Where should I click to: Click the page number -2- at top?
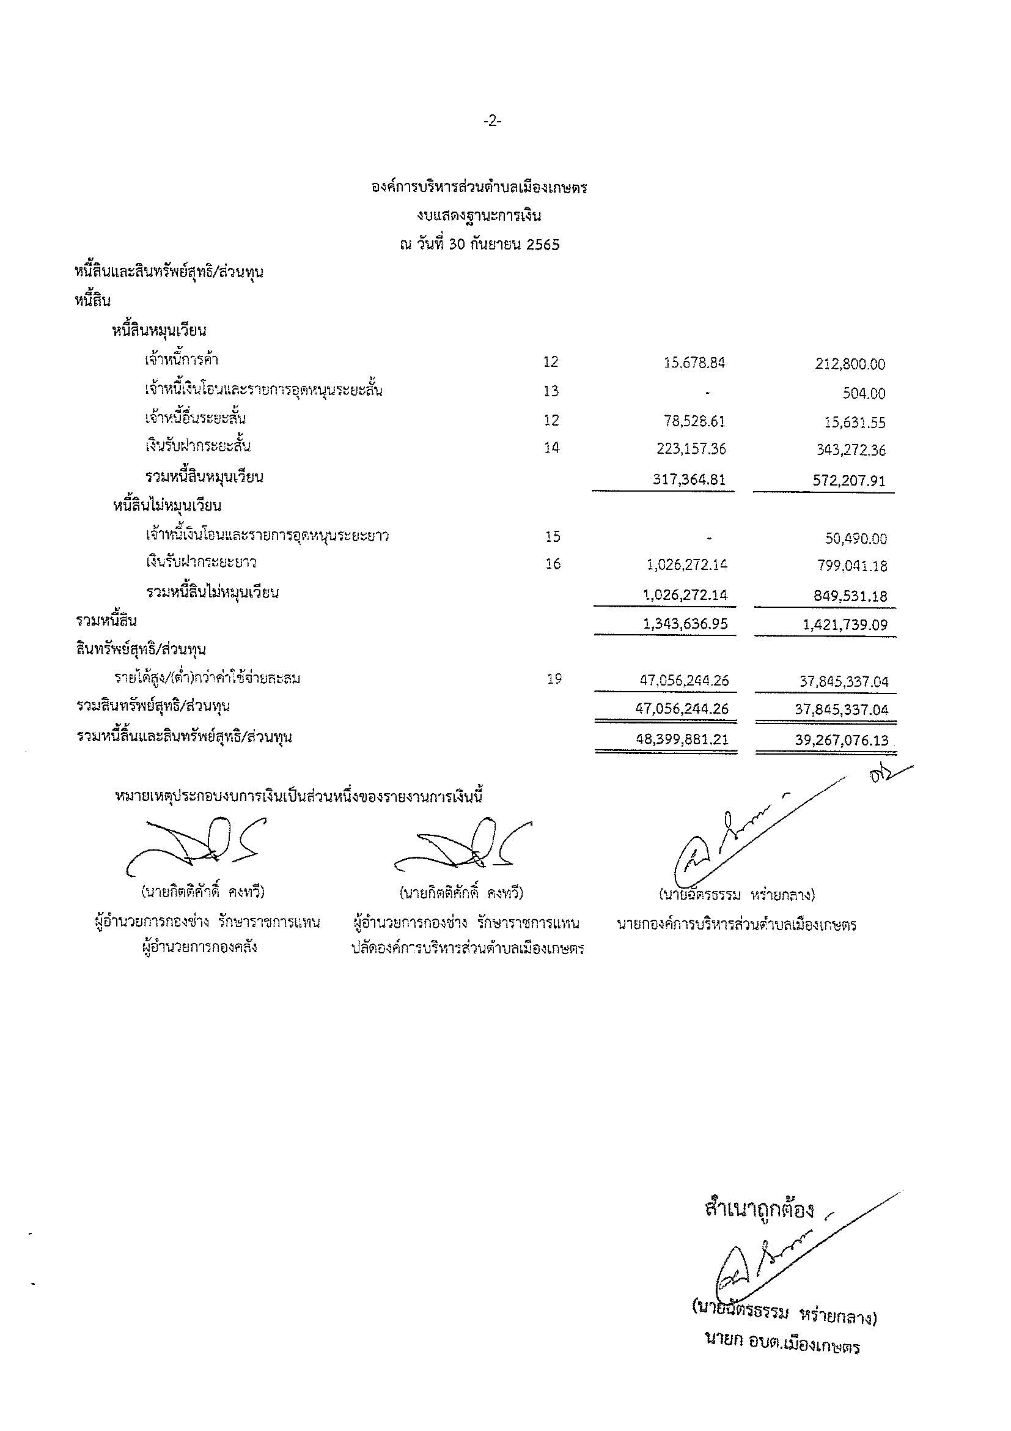[492, 122]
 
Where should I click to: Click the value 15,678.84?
[694, 363]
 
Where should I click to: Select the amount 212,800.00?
[850, 364]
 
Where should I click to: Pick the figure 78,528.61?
[694, 421]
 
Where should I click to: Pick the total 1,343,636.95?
[686, 624]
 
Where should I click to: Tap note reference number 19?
[554, 679]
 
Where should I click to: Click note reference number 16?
[553, 564]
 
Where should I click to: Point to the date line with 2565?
[480, 245]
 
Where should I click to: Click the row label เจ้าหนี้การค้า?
[181, 360]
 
